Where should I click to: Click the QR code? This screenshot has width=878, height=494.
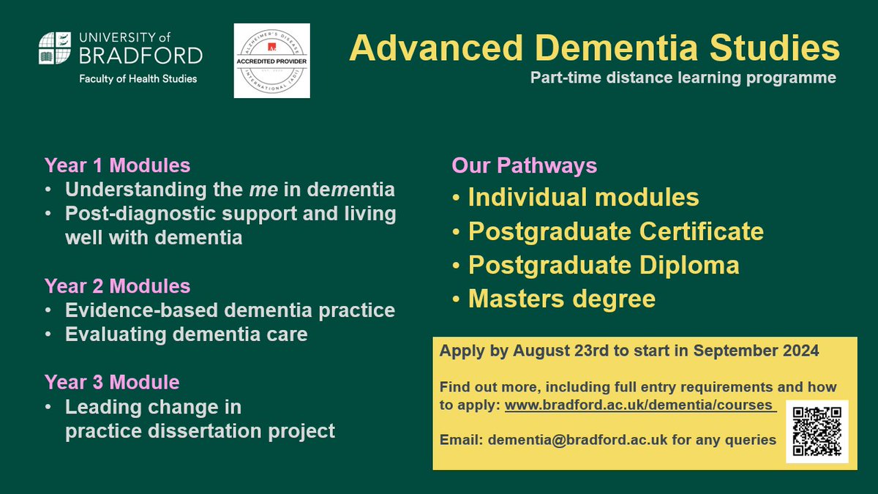pos(817,431)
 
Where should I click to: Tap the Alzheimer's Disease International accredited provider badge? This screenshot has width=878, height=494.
pos(271,61)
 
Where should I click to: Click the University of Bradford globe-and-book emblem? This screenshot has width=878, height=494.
pos(56,49)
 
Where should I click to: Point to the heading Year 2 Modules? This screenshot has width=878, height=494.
pos(117,285)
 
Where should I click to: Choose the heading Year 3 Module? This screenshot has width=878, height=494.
pos(112,382)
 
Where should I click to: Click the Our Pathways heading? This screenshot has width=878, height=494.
pos(524,165)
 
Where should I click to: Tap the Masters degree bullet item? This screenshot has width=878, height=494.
pos(561,299)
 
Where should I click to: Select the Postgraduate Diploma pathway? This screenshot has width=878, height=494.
pos(603,265)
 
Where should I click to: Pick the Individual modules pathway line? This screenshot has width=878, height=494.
pos(583,198)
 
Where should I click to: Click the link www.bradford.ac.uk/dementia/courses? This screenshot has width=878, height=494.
pos(639,405)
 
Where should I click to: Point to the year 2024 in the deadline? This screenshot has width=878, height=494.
pos(799,351)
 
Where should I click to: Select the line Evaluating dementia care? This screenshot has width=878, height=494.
pos(186,334)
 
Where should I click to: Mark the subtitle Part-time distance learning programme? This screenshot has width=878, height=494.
pos(683,78)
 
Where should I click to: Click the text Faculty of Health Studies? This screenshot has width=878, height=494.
pos(138,78)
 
